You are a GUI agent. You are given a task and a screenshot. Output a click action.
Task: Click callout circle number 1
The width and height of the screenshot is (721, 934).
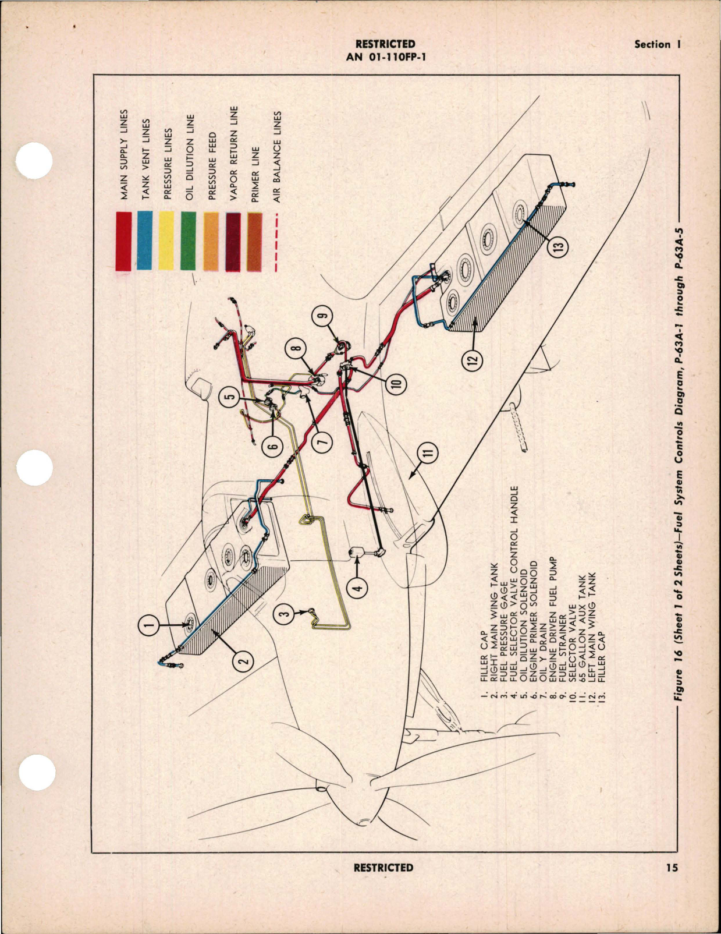coord(150,625)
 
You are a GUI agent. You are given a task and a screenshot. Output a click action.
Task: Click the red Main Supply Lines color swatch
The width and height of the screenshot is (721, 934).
coord(123,241)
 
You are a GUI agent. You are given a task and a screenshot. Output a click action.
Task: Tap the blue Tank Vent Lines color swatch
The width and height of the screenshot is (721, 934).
coord(144,241)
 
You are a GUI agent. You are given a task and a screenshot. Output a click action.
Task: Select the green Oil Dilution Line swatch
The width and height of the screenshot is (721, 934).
coord(187,241)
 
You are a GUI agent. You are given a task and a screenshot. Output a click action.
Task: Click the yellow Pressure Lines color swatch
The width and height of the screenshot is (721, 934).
coord(166,241)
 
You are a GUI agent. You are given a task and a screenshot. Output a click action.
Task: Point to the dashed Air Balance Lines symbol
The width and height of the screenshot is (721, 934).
coord(276,241)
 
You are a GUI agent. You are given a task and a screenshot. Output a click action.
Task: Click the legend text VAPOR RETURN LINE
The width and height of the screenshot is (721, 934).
coord(234,153)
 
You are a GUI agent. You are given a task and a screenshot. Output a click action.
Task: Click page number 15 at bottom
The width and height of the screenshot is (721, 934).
coord(672,868)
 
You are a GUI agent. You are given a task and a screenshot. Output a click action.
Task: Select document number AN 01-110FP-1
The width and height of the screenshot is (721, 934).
coord(385,56)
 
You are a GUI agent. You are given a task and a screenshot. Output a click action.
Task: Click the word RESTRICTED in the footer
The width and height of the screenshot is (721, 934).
coord(383,868)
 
